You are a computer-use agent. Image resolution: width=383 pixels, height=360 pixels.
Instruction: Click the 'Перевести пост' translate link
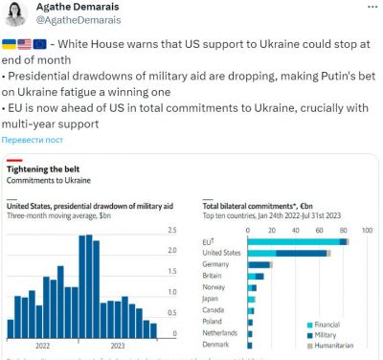coord(37,138)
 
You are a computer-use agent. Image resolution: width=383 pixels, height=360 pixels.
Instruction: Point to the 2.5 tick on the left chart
coord(171,231)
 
